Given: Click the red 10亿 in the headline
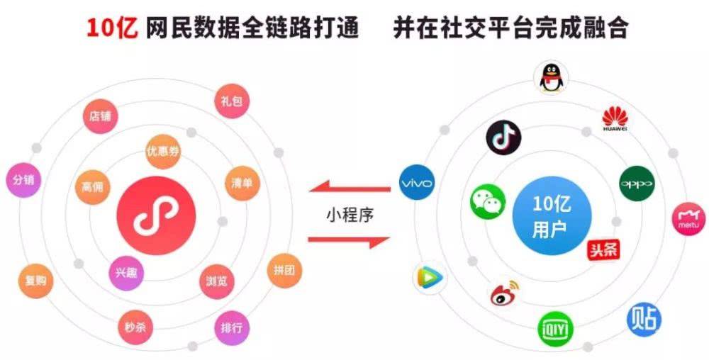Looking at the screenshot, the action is click(112, 28).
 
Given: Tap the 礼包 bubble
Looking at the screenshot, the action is click(232, 101).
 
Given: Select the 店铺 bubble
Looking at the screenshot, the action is click(101, 116).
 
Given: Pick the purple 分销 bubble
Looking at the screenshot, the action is click(23, 180).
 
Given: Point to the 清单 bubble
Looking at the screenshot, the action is click(242, 183).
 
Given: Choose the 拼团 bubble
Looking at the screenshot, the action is click(284, 271).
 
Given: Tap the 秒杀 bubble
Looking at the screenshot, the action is click(135, 327).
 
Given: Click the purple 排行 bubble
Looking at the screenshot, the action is click(232, 328).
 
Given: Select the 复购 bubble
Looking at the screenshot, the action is click(35, 281).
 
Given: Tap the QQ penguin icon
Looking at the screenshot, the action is click(550, 78).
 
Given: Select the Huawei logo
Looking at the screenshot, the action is click(615, 119).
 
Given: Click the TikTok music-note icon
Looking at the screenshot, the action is click(503, 137).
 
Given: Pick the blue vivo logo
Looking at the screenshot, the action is click(417, 183).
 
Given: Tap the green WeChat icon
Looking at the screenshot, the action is click(488, 202).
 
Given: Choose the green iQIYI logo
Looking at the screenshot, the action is click(556, 330).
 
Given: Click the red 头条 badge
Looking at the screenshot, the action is click(603, 249).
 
